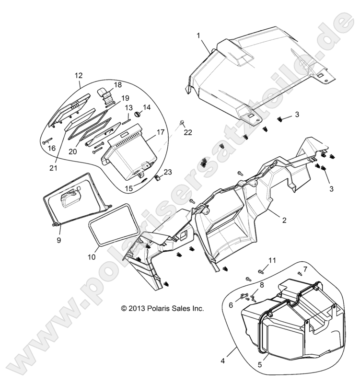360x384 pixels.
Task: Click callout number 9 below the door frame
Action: point(59,240)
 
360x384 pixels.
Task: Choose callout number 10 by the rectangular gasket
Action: point(92,257)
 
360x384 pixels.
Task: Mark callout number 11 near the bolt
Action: point(272,260)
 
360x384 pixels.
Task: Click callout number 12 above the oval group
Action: point(79,75)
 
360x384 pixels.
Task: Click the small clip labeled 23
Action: point(157,178)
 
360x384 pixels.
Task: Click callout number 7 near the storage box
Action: point(305,268)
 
